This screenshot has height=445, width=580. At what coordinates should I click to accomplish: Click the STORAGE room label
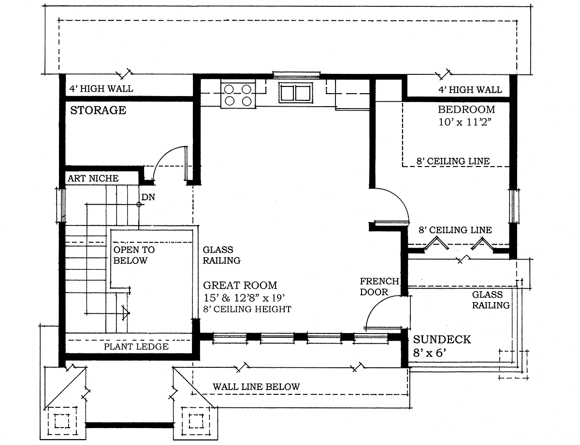[98, 111]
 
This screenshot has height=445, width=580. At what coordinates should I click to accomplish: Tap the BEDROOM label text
[466, 110]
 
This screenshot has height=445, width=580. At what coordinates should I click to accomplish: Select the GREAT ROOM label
[240, 285]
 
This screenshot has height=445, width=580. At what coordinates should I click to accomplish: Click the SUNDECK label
[442, 339]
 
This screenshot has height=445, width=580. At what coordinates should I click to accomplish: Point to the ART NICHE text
[93, 178]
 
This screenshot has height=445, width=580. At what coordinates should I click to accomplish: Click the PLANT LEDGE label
[136, 347]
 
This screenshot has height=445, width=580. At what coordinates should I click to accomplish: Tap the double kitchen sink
[296, 92]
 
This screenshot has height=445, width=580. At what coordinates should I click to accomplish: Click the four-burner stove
[238, 94]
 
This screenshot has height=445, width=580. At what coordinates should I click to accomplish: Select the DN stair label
[148, 197]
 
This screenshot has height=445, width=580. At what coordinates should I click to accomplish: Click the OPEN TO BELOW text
[134, 255]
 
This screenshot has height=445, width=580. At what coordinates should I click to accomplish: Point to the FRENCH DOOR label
[379, 287]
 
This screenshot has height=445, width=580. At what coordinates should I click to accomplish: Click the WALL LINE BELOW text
[256, 387]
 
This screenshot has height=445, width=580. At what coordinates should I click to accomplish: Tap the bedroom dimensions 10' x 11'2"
[465, 122]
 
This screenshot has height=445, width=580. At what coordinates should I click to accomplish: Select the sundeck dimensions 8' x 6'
[430, 353]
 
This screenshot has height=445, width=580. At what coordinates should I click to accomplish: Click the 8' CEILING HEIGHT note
[247, 309]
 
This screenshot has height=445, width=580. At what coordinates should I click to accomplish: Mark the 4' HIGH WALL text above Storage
[101, 88]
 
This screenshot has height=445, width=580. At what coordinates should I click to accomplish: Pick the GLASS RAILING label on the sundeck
[491, 300]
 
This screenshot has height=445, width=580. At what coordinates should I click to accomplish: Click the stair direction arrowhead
[126, 313]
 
